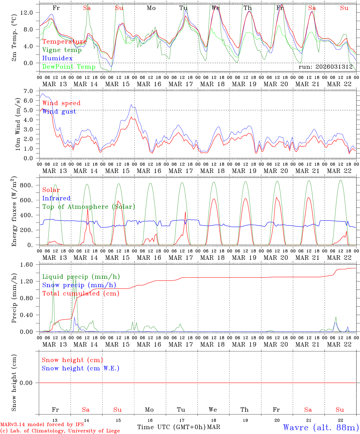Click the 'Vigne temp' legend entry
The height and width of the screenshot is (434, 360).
[x=62, y=50]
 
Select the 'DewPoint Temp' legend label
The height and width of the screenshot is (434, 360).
[x=69, y=67]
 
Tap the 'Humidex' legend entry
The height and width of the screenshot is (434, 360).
[x=57, y=58]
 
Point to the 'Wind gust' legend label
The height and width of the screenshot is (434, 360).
[x=59, y=112]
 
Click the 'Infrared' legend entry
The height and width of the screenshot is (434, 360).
[x=56, y=198]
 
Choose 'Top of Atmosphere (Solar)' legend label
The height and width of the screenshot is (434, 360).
[x=88, y=207]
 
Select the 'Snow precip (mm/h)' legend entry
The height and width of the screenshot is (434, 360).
[x=79, y=285]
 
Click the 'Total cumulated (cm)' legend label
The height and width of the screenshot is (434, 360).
[x=81, y=294]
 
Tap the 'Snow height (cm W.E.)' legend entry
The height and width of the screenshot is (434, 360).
[x=80, y=368]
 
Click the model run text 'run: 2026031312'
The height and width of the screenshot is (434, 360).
[x=325, y=67]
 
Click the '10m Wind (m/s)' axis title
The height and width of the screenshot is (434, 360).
[x=18, y=124]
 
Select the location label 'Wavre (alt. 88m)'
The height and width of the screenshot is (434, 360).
[x=321, y=427]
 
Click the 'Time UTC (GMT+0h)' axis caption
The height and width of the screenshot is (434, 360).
[x=171, y=427]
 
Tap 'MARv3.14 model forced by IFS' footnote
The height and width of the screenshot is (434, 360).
[x=42, y=425]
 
